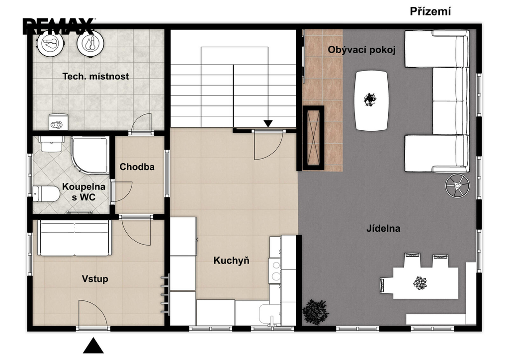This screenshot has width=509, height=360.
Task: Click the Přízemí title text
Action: pyautogui.click(x=430, y=11)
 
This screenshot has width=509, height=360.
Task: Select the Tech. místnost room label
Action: pyautogui.click(x=95, y=76)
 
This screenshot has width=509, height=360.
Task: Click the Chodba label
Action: pyautogui.click(x=137, y=167)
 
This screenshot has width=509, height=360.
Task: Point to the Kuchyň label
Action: pyautogui.click(x=231, y=261)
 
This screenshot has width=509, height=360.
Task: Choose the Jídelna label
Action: pyautogui.click(x=383, y=228)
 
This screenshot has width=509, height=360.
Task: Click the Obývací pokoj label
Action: pyautogui.click(x=362, y=50)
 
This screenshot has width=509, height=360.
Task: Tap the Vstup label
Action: pyautogui.click(x=95, y=279)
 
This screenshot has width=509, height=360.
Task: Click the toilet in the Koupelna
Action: pyautogui.click(x=46, y=193)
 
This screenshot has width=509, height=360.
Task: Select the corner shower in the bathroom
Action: pyautogui.click(x=89, y=155)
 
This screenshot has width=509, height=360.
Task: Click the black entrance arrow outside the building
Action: pyautogui.click(x=93, y=346)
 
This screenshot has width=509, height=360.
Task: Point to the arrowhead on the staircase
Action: pyautogui.click(x=268, y=124)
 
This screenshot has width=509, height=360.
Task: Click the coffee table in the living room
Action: pyautogui.click(x=371, y=100)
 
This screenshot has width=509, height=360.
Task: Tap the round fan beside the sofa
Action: pyautogui.click(x=457, y=185)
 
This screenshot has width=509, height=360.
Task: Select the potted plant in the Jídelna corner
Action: pyautogui.click(x=315, y=312)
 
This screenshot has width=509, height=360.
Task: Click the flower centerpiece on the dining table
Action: pyautogui.click(x=420, y=283)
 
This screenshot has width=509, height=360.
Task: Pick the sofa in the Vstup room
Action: pyautogui.click(x=75, y=238)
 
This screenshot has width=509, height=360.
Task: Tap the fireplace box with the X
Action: pyautogui.click(x=313, y=138)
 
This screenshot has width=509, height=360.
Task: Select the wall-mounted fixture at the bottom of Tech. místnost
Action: pyautogui.click(x=59, y=121)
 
